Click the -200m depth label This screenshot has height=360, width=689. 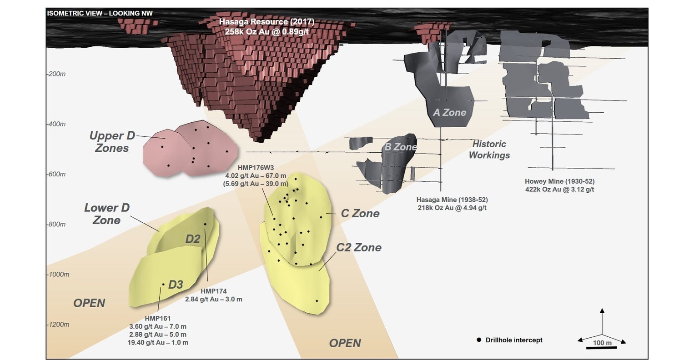coord(56,74)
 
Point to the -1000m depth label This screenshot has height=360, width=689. coord(58,274)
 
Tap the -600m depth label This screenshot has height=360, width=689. coord(56,174)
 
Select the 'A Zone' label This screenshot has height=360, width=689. coord(449,112)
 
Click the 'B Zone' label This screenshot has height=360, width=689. coord(401,147)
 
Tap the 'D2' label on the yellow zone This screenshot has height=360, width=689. coord(193,239)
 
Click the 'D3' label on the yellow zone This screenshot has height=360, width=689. coord(176,285)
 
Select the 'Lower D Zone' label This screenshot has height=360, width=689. coord(107,214)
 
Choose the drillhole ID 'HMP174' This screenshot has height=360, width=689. coord(213,291)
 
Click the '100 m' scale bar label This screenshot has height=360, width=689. coord(602,342)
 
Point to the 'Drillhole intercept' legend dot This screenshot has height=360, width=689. coord(478,340)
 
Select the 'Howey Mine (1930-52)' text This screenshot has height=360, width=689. coord(559,181)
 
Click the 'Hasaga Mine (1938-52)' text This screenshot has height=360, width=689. coord(453,200)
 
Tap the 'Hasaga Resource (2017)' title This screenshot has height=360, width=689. coord(267,22)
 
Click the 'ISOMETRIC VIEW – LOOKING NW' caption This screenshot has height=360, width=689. coord(100,13)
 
